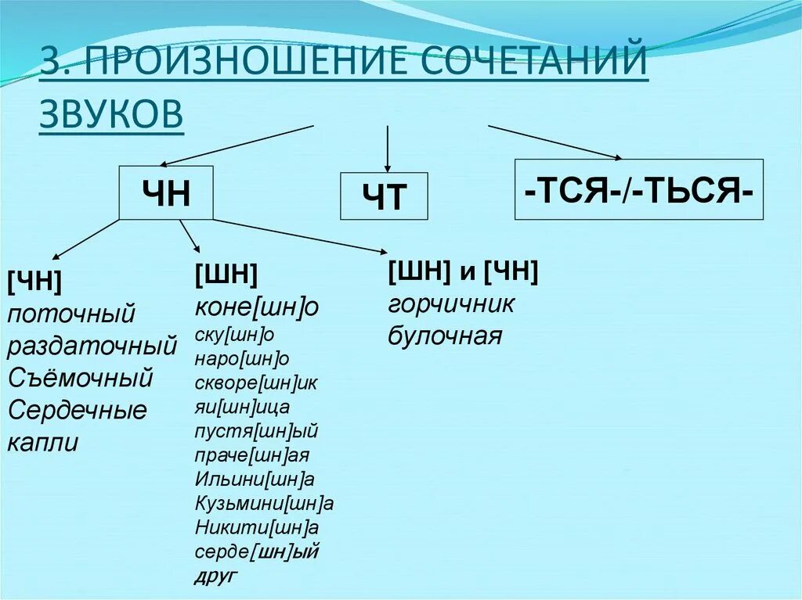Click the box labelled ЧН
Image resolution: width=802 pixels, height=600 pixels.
[166, 192]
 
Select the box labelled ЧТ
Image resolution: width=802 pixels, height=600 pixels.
[384, 196]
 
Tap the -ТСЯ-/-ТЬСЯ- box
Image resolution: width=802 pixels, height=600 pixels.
[638, 189]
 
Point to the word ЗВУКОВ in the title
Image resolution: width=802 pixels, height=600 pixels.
[111, 113]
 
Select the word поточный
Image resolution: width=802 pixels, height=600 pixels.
[71, 314]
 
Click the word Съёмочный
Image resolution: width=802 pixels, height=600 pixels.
[80, 378]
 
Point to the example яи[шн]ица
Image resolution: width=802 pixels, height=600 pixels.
[242, 407]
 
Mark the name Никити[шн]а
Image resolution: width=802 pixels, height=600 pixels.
[256, 527]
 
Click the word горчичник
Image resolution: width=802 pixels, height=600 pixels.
[450, 304]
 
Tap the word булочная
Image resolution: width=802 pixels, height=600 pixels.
[443, 336]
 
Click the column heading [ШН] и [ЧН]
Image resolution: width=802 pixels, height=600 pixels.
[462, 271]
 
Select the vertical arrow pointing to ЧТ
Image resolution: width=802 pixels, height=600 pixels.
[388, 147]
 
